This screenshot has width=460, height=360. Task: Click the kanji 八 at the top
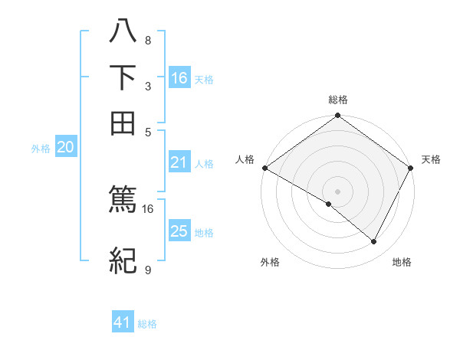(x=123, y=33)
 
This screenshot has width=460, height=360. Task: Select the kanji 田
(x=123, y=123)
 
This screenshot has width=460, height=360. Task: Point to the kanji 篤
(x=123, y=200)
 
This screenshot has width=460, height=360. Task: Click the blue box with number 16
(x=179, y=78)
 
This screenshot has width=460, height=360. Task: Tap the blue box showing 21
(x=179, y=162)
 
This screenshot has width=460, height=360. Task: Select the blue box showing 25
(x=179, y=231)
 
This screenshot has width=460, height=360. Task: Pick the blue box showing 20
(x=65, y=148)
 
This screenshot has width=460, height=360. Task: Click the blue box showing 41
(x=123, y=323)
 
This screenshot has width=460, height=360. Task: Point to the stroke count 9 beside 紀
(x=148, y=270)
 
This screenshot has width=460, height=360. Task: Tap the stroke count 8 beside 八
(x=148, y=41)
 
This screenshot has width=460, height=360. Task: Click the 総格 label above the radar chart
(x=338, y=100)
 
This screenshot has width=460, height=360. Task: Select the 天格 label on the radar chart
(x=432, y=159)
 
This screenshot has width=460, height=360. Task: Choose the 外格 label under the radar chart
(x=270, y=263)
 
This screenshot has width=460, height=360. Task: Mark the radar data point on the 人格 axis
(x=264, y=168)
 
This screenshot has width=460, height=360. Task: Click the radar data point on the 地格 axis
(x=374, y=242)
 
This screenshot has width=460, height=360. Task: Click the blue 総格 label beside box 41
(x=147, y=324)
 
